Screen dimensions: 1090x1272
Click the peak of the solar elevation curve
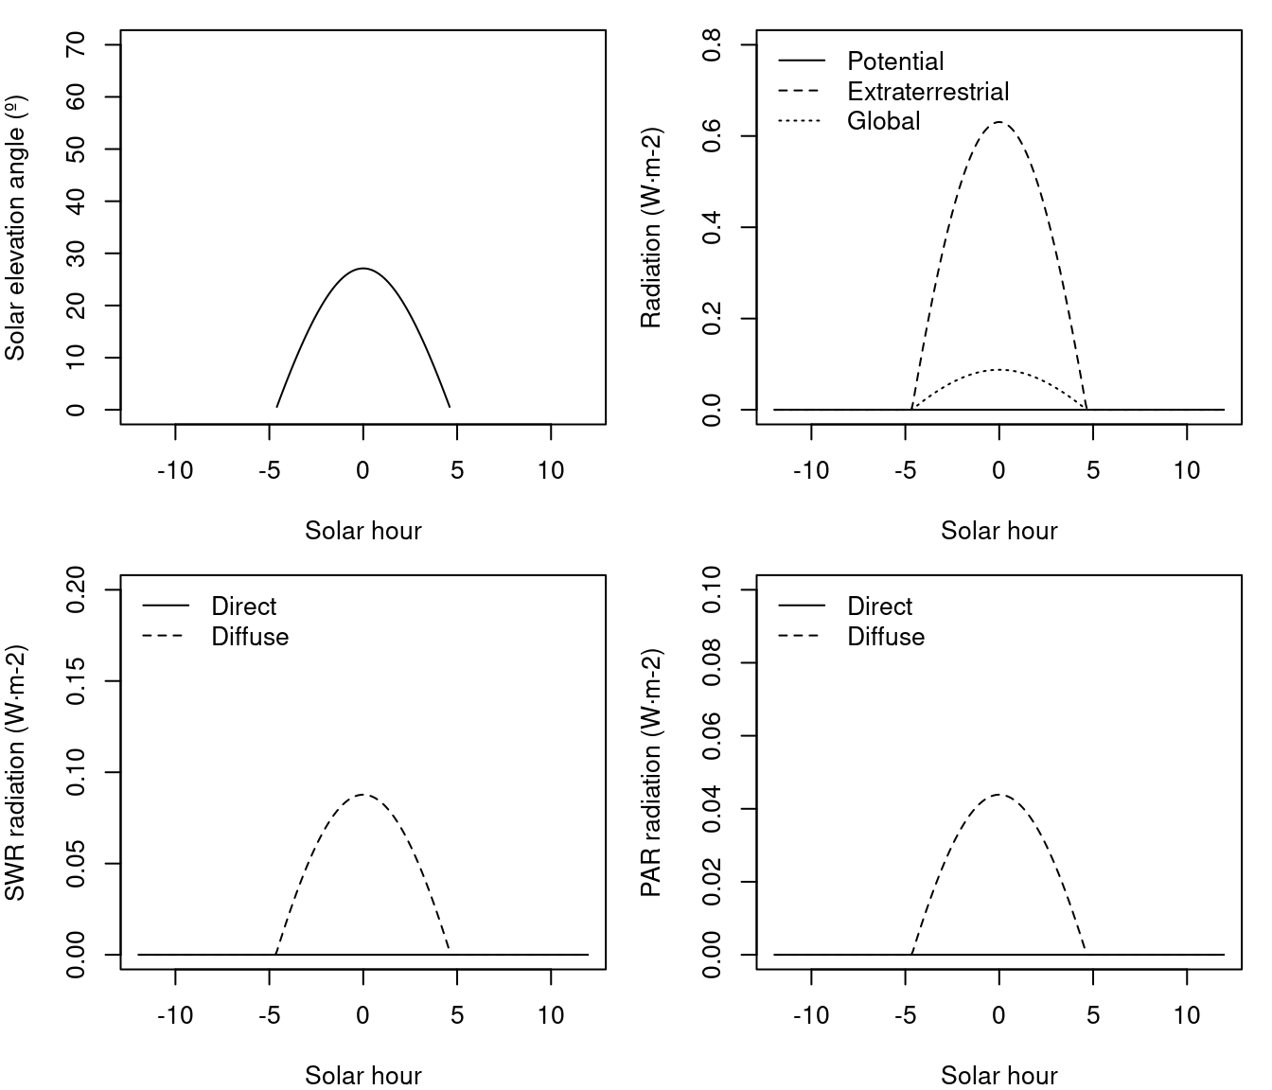[362, 269]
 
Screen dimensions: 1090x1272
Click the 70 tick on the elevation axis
[76, 44]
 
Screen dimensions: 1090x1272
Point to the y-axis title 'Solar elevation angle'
[15, 228]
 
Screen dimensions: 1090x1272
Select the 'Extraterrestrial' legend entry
[927, 92]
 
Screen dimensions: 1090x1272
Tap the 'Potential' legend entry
[895, 62]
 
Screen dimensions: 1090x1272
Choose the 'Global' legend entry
[883, 121]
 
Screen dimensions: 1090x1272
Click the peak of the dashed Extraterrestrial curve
[998, 122]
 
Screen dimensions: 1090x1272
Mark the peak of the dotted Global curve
[998, 370]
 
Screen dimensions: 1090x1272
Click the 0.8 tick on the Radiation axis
[712, 44]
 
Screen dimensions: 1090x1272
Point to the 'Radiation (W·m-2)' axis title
[651, 228]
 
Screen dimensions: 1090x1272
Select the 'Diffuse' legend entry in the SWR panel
[250, 637]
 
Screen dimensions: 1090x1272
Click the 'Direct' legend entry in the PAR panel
[879, 607]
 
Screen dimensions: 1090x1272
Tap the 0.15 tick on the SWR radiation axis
[76, 680]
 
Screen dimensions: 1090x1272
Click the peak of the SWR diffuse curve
[362, 795]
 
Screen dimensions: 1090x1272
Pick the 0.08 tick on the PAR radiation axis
[712, 662]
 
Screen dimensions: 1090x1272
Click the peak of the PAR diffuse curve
[998, 795]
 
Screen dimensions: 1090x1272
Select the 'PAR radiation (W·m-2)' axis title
[651, 773]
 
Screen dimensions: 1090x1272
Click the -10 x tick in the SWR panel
[175, 1015]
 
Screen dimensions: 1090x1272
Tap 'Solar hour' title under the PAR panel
[998, 1076]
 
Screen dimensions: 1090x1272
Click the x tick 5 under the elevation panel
[457, 470]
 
